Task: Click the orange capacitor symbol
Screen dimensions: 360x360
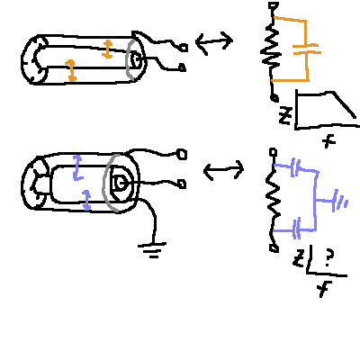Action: (307, 49)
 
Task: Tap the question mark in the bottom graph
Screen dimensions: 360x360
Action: (329, 258)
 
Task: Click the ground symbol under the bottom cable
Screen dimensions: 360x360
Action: (152, 250)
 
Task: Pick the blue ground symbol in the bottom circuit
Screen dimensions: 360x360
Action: (340, 201)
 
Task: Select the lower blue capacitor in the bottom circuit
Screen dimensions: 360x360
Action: (296, 229)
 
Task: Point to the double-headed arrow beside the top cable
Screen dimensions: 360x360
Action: (214, 42)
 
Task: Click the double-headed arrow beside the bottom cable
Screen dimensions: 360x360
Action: (224, 170)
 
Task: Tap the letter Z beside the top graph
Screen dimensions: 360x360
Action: (285, 115)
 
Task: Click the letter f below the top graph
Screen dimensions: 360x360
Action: (330, 141)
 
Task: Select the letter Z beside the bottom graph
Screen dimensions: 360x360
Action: (299, 259)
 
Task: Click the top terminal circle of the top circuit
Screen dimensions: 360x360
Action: (274, 5)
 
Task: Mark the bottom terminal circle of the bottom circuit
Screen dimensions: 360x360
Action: (274, 248)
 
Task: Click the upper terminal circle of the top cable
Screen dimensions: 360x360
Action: (184, 48)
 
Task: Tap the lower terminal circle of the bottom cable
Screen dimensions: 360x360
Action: (182, 184)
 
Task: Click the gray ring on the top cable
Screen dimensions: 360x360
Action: (130, 60)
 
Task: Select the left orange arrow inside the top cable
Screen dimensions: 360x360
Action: (71, 70)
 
